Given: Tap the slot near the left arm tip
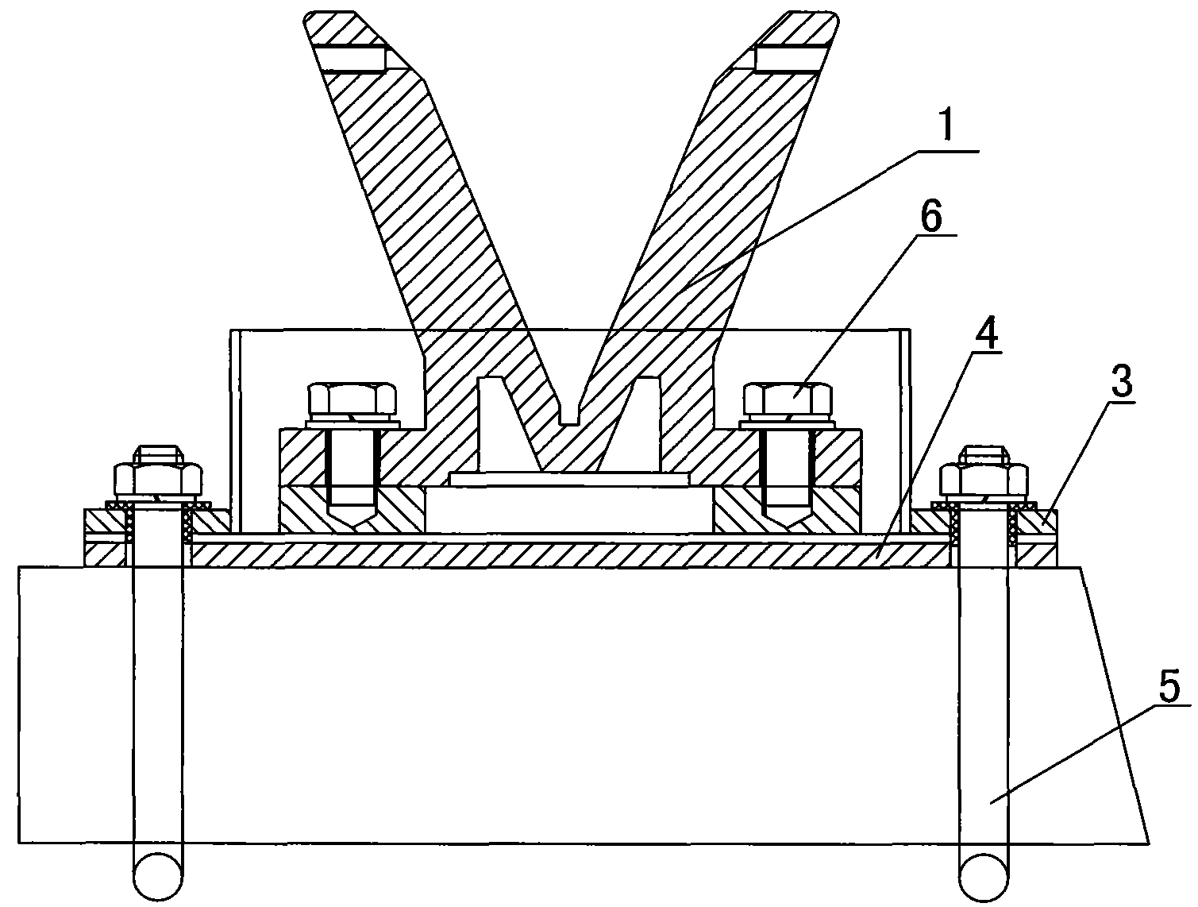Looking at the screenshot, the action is click(x=352, y=58).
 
